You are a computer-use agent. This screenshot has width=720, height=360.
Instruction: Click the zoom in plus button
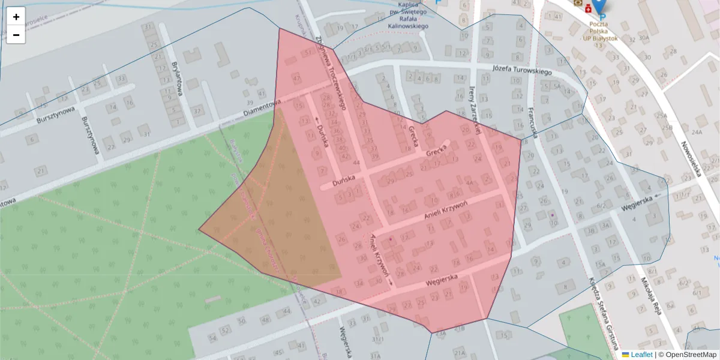16,17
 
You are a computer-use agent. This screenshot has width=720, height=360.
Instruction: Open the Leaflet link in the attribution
641,355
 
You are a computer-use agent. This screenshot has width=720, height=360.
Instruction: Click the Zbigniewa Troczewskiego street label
331,73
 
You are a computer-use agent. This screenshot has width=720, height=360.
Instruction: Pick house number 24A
697,132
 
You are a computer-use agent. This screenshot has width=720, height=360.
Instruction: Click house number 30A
644,38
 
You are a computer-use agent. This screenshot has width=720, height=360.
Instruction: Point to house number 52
225,330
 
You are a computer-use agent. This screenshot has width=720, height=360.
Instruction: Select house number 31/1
377,340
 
